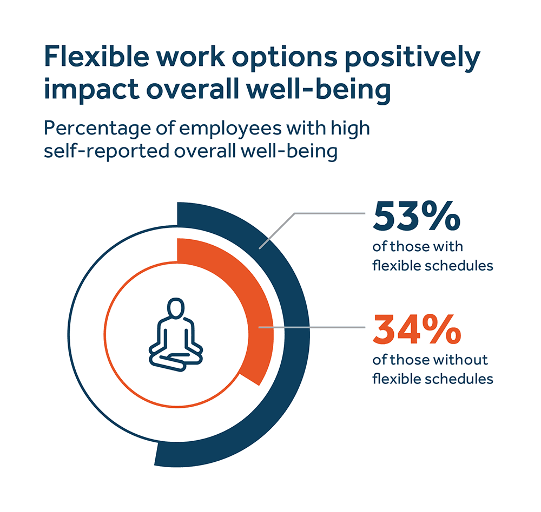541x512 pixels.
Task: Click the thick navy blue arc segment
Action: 295,324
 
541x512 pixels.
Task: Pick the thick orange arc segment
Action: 254,302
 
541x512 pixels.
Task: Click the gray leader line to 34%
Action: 314,327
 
